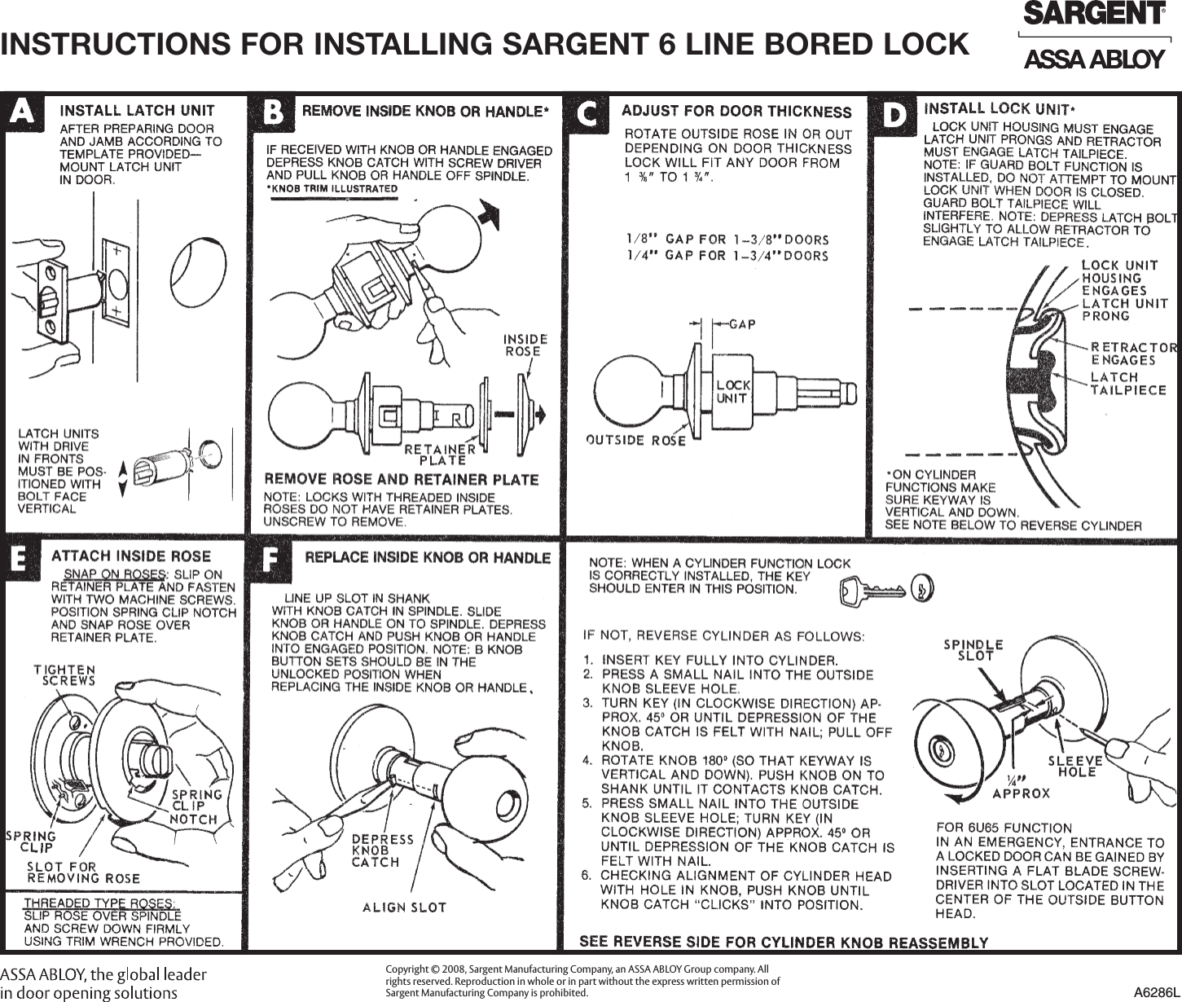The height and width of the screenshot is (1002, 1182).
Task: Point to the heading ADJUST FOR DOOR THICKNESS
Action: [x=736, y=112]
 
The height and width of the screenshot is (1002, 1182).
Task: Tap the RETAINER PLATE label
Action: [x=441, y=454]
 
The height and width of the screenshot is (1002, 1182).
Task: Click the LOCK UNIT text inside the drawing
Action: [x=732, y=391]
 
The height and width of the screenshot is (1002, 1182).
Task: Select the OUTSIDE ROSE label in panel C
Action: [x=635, y=440]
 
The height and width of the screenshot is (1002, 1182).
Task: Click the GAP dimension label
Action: [x=741, y=324]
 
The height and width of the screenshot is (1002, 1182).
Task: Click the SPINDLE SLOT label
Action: [x=973, y=649]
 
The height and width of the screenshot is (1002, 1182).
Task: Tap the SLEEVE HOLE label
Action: [x=1075, y=766]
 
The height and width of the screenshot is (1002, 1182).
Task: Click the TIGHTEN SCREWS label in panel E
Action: [x=64, y=675]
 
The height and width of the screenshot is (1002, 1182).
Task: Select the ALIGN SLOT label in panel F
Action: [x=404, y=907]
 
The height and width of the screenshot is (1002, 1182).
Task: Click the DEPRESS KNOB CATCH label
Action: [x=382, y=850]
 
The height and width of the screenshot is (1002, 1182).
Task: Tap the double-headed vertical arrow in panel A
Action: [x=122, y=478]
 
